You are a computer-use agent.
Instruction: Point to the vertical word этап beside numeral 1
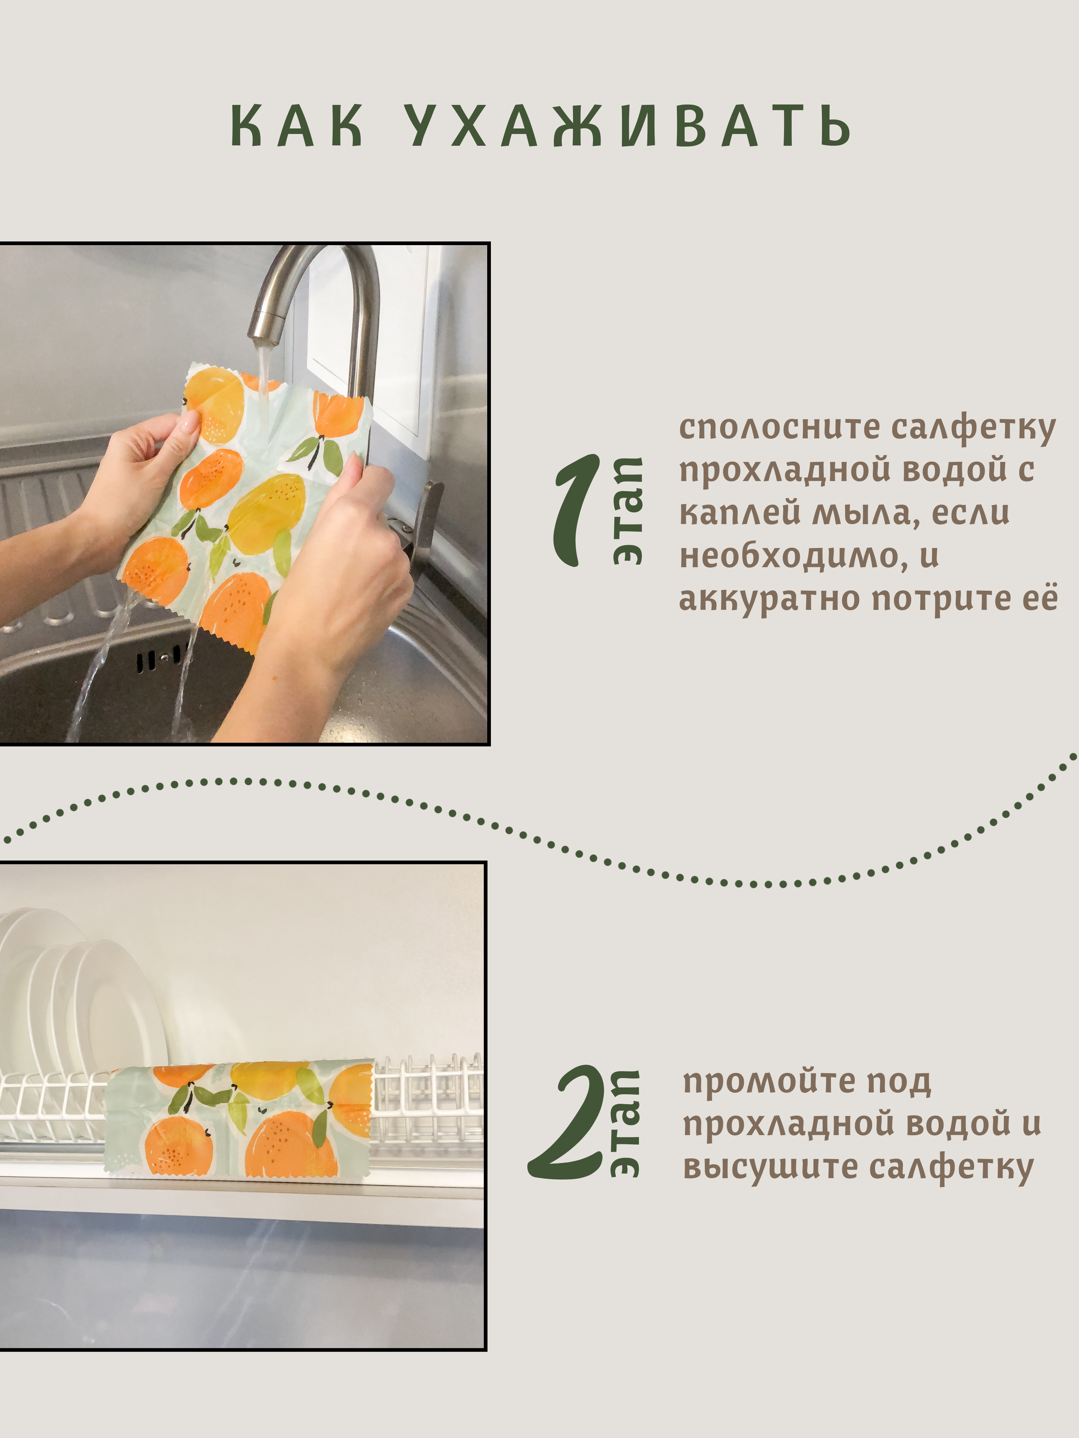point(628,511)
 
